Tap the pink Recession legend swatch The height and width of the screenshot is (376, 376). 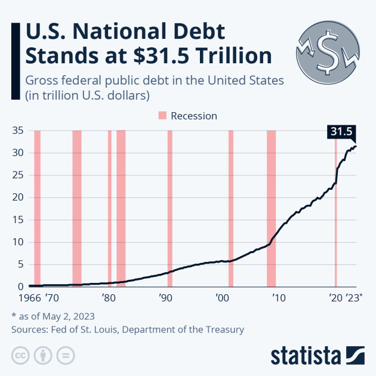pyautogui.click(x=162, y=116)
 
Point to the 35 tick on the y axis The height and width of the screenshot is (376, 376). pyautogui.click(x=17, y=131)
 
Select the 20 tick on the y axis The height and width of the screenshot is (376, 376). pyautogui.click(x=17, y=198)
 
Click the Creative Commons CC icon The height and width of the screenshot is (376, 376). pyautogui.click(x=21, y=356)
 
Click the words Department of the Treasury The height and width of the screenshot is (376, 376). pyautogui.click(x=189, y=329)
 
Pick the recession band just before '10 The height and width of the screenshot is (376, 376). pyautogui.click(x=271, y=208)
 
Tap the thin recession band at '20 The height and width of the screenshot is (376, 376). pyautogui.click(x=335, y=208)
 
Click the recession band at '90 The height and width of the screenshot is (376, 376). pyautogui.click(x=169, y=208)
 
